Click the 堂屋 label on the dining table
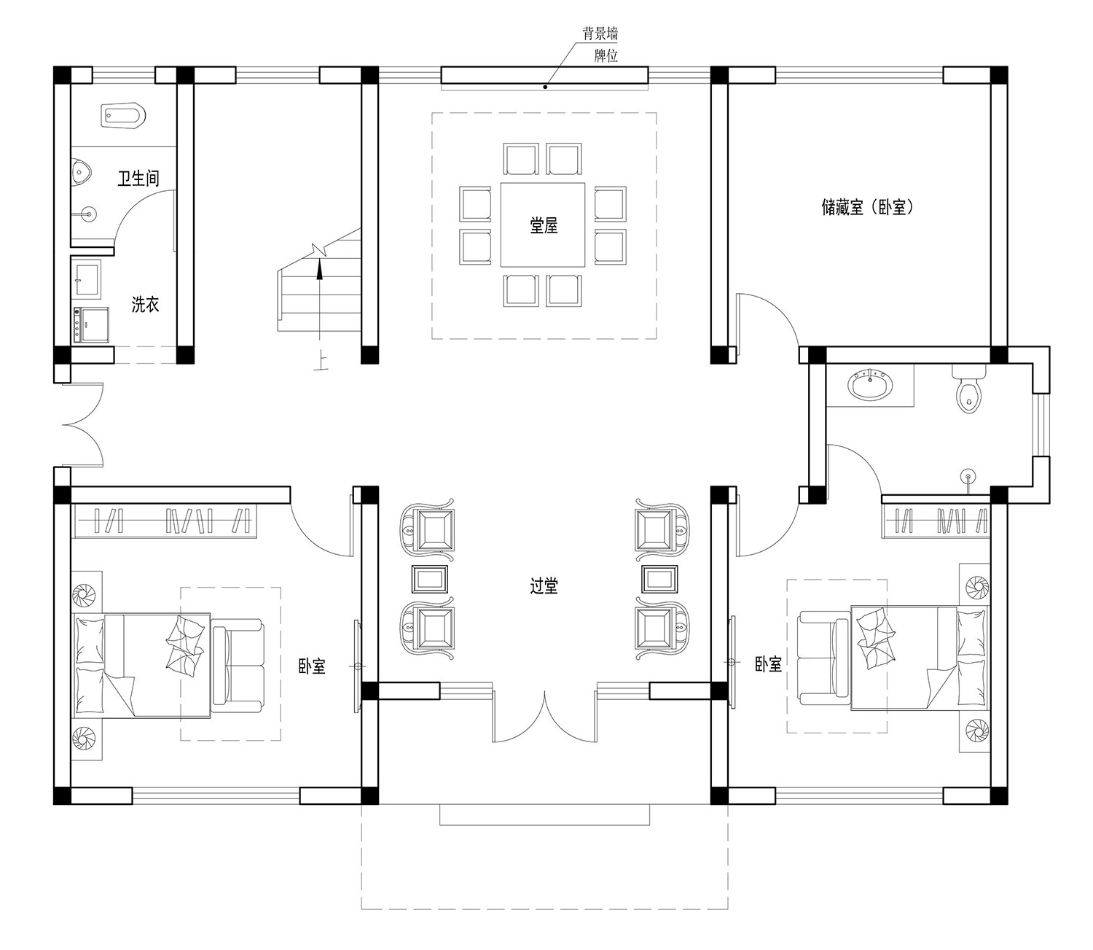[x=544, y=225]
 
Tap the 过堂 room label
[x=544, y=586]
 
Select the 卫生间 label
[x=138, y=178]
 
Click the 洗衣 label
[x=145, y=305]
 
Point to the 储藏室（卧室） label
[x=868, y=207]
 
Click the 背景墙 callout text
[x=600, y=34]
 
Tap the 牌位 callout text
[x=606, y=55]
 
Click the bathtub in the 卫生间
[x=123, y=115]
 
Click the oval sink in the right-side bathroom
[x=870, y=385]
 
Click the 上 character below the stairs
[x=321, y=362]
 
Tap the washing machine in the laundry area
[x=91, y=324]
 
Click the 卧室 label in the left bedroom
[x=311, y=666]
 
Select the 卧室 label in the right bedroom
[x=768, y=664]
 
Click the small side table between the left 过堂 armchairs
[x=429, y=579]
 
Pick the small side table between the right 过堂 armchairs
[x=659, y=579]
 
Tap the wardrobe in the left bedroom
[x=165, y=520]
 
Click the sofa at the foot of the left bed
[x=238, y=666]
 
